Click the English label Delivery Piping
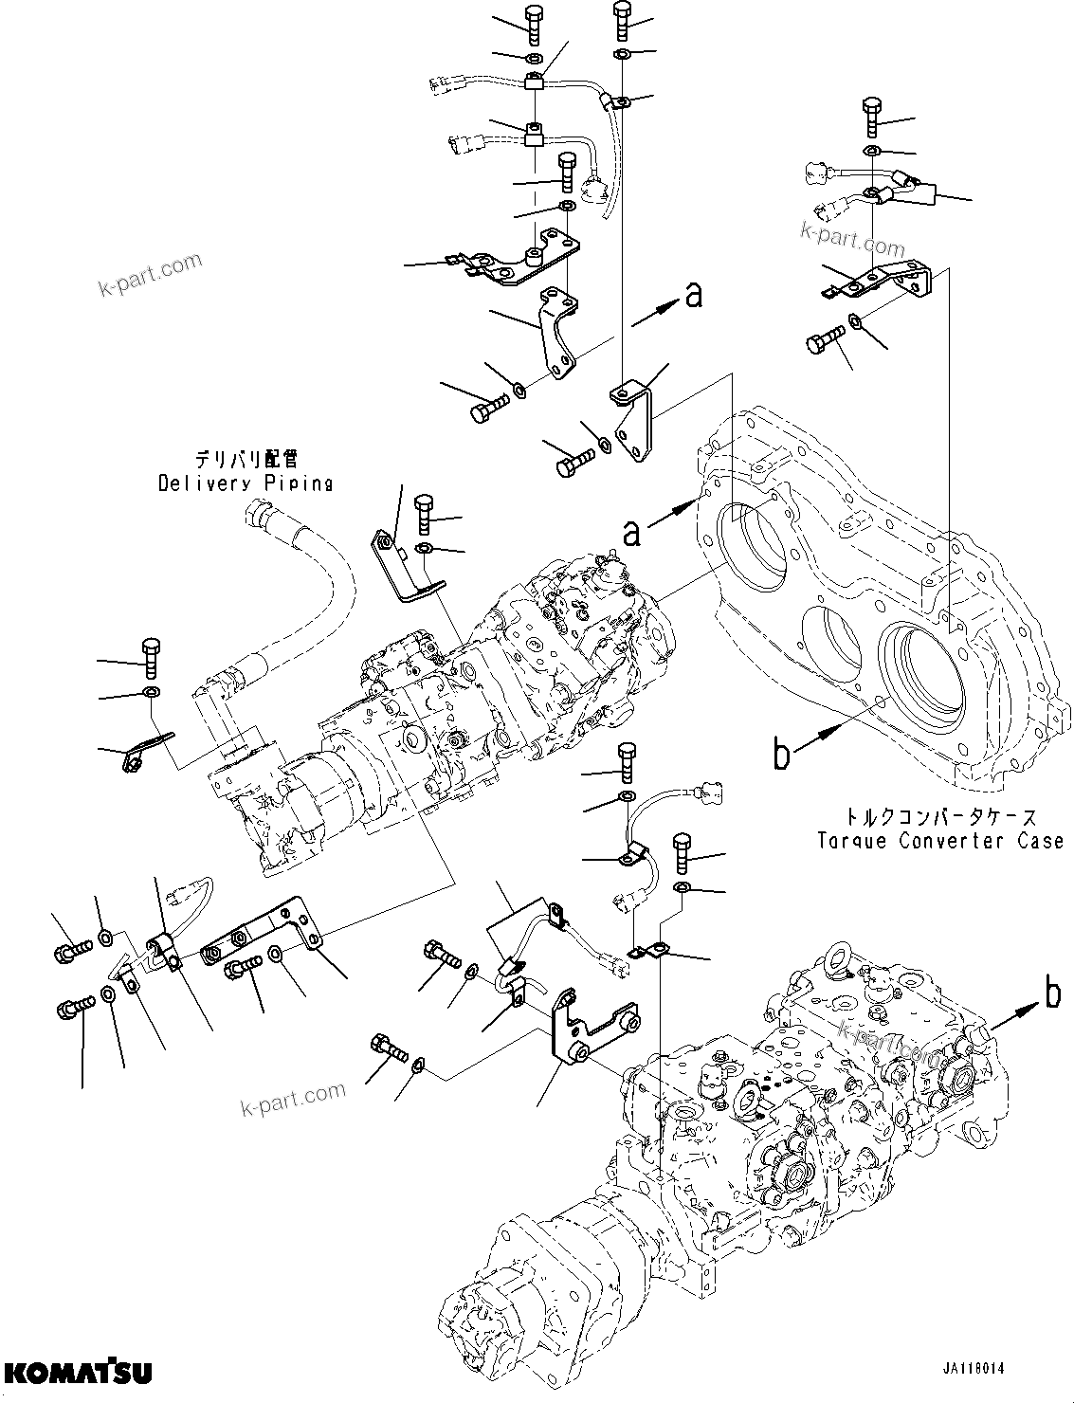pyautogui.click(x=245, y=483)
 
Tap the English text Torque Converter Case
pyautogui.click(x=940, y=840)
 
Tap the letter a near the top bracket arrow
pyautogui.click(x=694, y=297)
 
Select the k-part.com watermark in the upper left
pyautogui.click(x=151, y=274)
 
